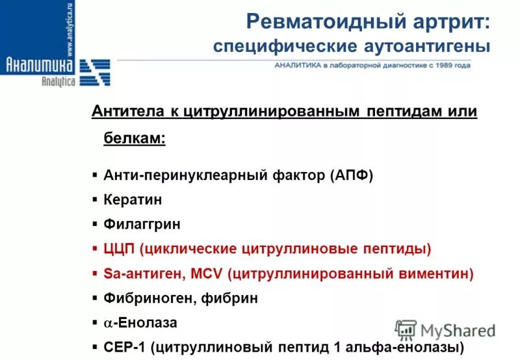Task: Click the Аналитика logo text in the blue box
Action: coord(39,64)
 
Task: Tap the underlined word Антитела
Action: coord(127,111)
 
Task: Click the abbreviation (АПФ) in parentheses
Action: coord(351,175)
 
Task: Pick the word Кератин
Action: coord(133,200)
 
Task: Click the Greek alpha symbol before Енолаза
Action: coord(108,323)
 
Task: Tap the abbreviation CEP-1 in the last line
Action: coord(124,346)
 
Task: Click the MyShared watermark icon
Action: coord(406,329)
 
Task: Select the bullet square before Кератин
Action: coord(95,200)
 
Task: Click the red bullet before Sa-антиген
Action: coord(95,274)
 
